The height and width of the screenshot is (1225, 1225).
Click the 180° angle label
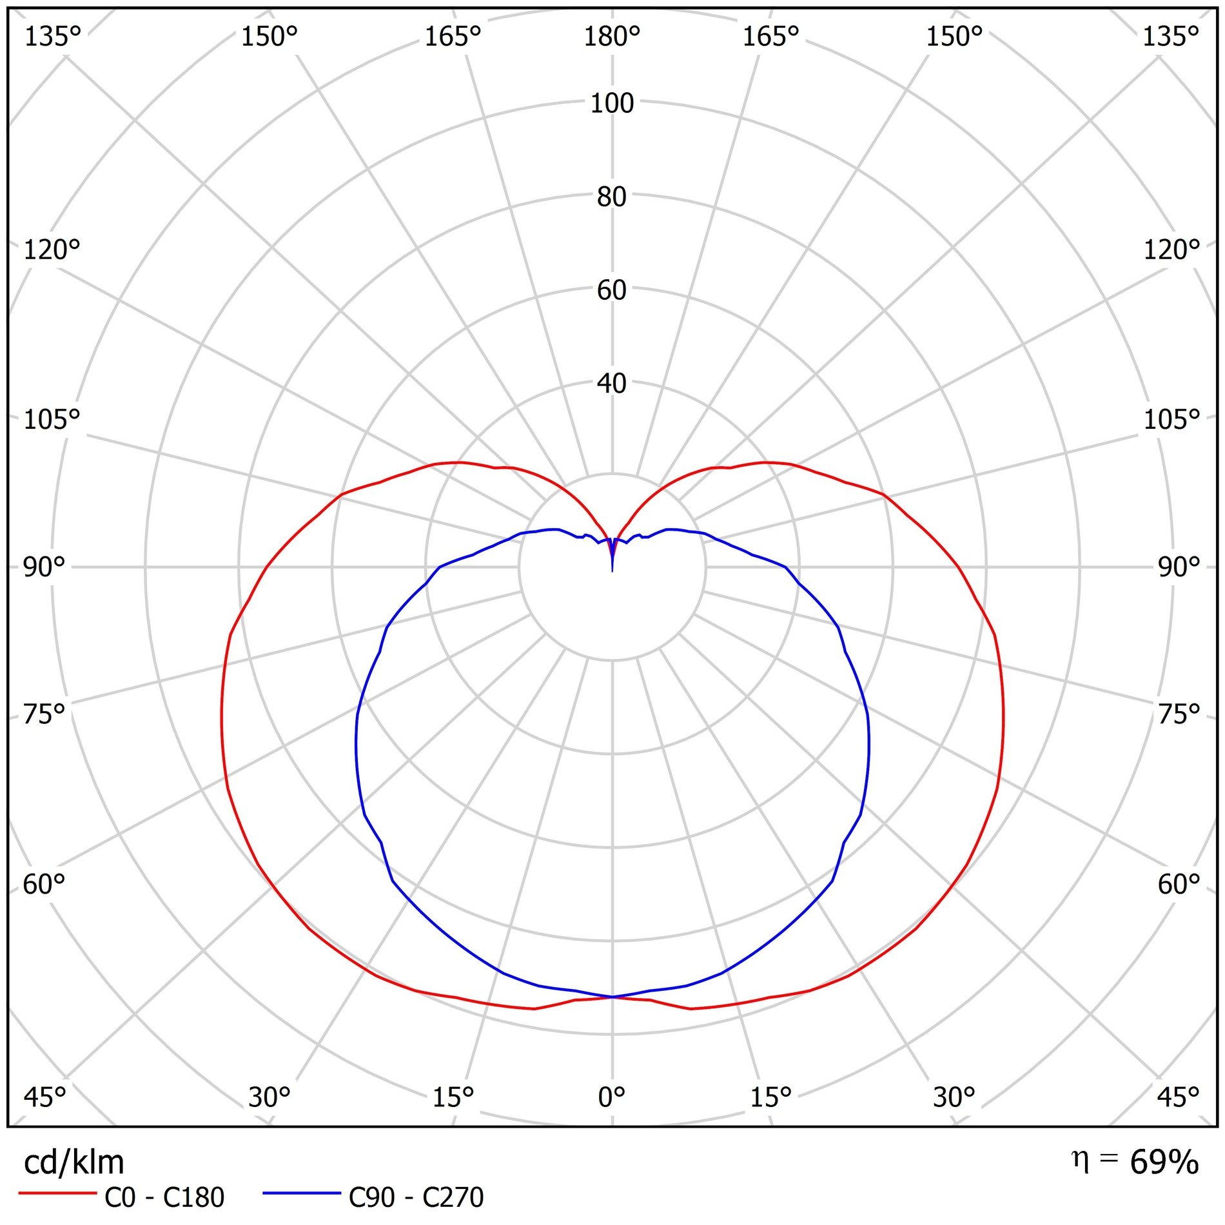[611, 37]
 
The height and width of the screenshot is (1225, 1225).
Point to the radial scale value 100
[612, 103]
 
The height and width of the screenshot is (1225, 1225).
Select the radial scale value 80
[612, 197]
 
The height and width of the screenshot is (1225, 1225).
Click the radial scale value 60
[612, 290]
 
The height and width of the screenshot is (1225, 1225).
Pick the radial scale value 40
[612, 384]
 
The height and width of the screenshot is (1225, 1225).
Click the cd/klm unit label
[73, 1162]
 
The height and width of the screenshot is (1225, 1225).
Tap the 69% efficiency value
[1164, 1162]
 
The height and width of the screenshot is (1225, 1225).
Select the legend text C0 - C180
[164, 1198]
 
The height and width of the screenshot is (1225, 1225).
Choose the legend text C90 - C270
[416, 1198]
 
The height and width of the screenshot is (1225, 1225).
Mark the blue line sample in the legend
[301, 1193]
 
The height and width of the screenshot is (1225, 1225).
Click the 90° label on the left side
[44, 567]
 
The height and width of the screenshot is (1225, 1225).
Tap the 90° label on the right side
[1179, 567]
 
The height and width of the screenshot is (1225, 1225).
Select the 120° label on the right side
[1171, 250]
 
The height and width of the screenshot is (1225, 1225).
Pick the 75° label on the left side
[44, 714]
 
